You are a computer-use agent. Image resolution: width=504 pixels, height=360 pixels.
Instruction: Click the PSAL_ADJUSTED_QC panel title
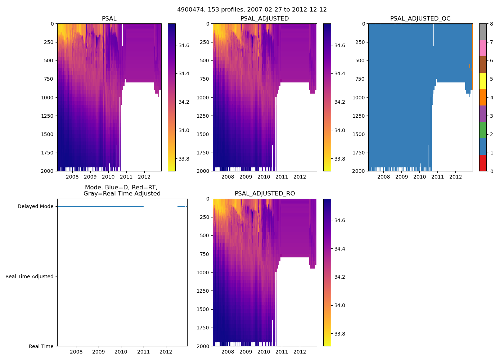420,19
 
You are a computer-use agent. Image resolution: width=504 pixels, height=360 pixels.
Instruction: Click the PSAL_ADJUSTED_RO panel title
265,194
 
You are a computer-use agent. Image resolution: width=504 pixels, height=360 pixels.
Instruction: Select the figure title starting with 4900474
252,10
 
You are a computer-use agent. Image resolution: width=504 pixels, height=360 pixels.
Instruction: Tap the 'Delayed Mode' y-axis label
35,207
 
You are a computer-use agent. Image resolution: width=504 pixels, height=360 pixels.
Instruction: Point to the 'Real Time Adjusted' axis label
30,276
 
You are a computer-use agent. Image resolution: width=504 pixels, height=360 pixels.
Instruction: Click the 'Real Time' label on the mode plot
41,346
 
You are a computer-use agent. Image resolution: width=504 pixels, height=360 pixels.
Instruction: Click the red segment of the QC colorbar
483,163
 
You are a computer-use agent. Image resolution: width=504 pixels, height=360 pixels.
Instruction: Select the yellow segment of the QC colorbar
483,81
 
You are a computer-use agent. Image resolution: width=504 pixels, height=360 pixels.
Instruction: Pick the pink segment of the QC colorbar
483,48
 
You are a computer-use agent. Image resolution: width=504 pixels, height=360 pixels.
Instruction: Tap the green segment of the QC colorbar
483,130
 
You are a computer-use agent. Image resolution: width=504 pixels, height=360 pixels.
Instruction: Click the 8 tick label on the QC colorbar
491,24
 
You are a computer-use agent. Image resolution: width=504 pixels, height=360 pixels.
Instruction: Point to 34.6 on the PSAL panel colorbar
184,45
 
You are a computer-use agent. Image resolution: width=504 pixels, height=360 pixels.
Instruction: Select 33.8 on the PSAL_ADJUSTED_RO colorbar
339,334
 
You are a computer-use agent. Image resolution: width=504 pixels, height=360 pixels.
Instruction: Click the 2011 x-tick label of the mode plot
143,352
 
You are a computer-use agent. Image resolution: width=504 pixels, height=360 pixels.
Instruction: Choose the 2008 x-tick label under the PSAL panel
72,177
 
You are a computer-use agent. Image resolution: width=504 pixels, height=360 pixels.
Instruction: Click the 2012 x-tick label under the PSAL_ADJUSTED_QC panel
455,177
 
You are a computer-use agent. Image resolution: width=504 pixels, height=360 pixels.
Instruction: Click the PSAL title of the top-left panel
109,19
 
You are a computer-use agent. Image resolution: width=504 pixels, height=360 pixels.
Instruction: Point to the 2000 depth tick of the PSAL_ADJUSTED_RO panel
203,346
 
